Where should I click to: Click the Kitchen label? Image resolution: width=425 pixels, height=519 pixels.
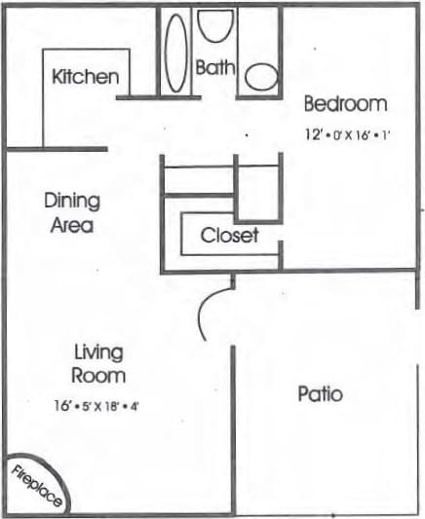tap(86, 76)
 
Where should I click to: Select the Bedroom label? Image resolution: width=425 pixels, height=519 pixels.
tap(345, 103)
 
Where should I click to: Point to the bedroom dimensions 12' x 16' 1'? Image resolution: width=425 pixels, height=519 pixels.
tap(346, 135)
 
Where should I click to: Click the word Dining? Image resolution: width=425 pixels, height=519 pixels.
tap(72, 202)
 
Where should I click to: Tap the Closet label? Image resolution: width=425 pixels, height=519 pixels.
tap(229, 236)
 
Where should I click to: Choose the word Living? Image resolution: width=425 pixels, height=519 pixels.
tap(98, 352)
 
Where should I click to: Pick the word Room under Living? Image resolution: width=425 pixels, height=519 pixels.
tap(97, 375)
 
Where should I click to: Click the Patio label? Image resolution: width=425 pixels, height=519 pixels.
tap(321, 394)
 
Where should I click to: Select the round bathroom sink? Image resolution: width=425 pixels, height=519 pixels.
tap(260, 77)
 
